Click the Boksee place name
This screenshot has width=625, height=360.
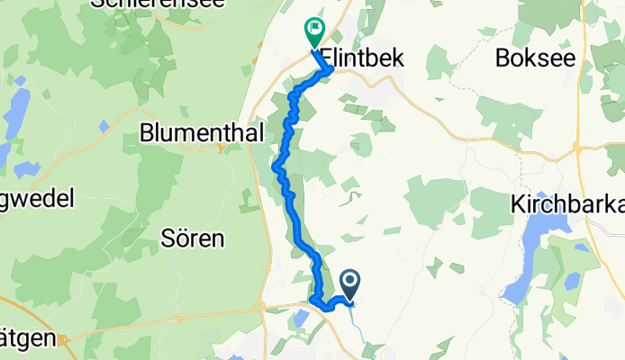coord(534,57)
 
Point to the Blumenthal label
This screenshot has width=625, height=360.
coord(202,133)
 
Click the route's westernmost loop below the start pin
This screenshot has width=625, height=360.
coord(312,300)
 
